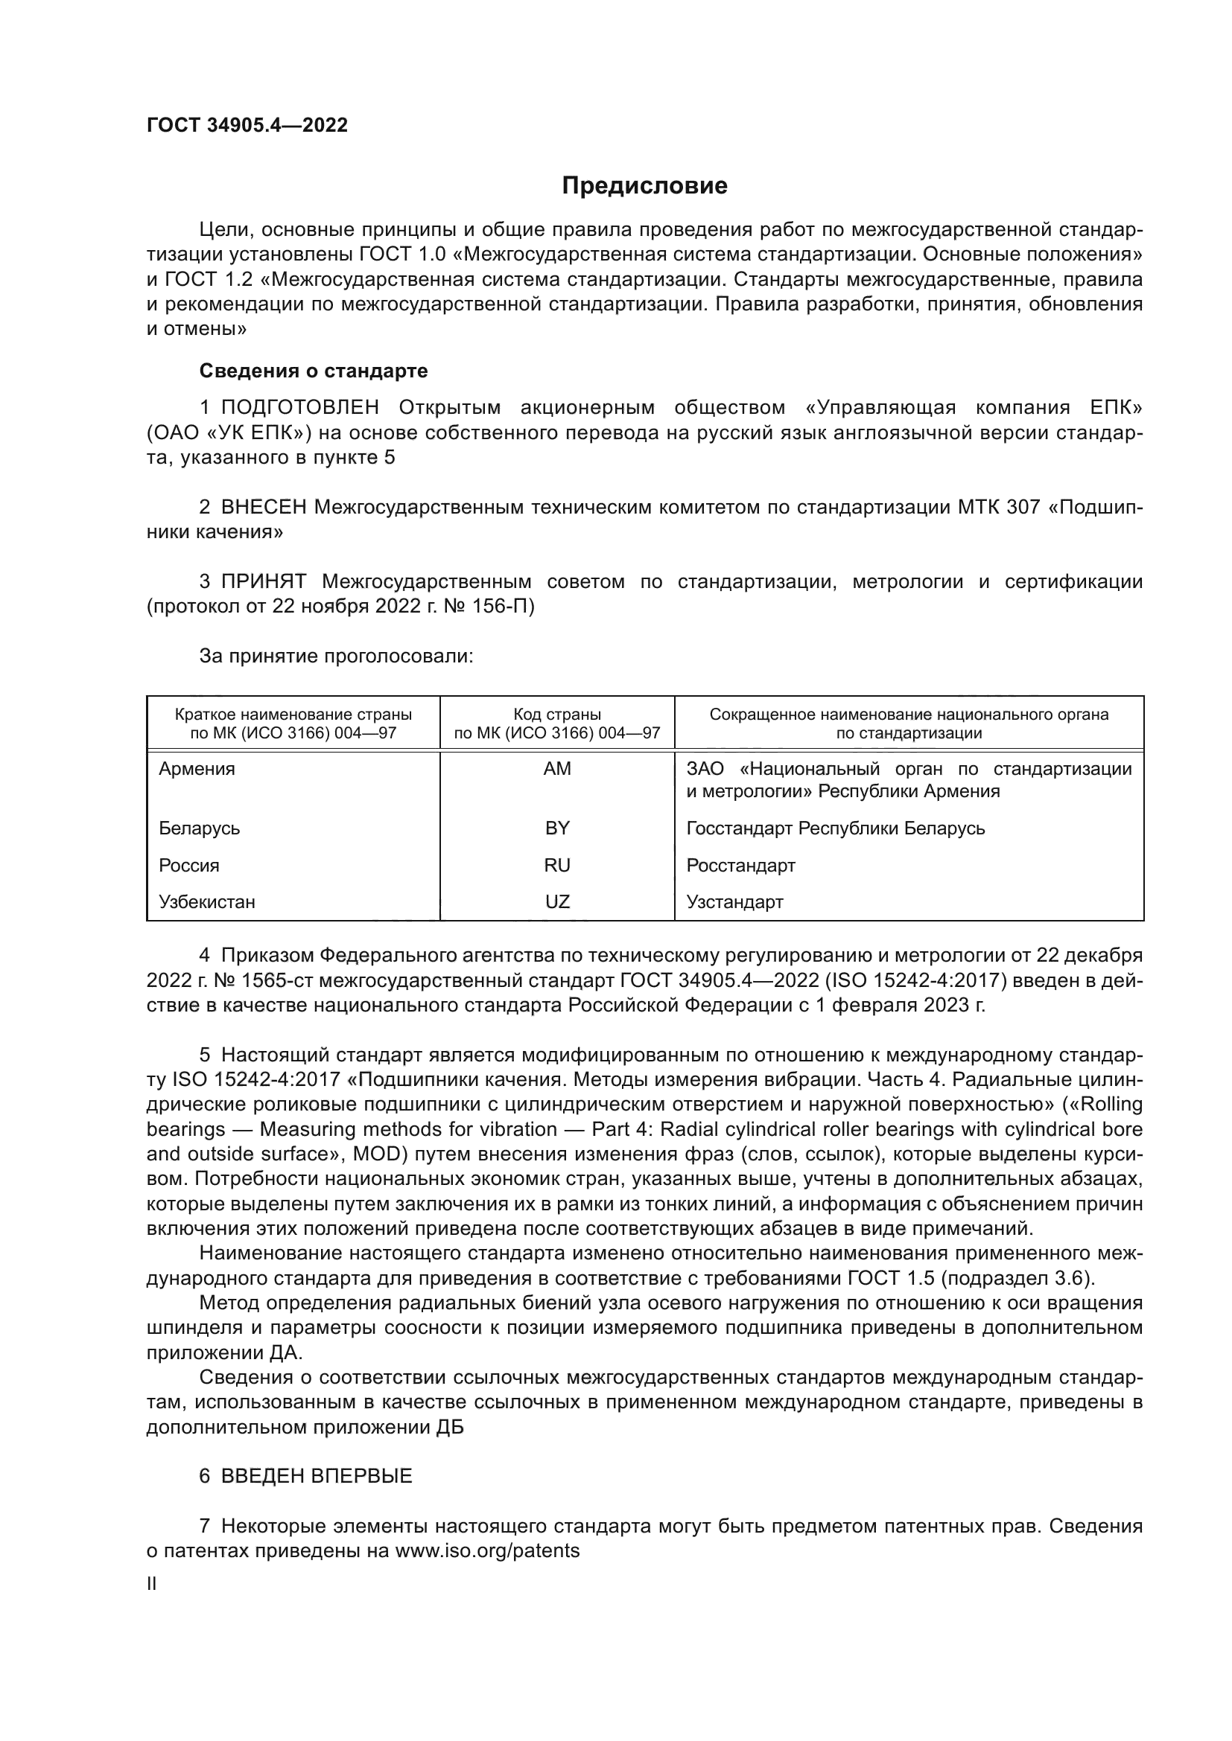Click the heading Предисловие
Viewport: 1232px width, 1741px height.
[644, 186]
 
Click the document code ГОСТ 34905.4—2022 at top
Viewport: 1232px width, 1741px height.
[247, 126]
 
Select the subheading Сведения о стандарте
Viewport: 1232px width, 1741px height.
[314, 371]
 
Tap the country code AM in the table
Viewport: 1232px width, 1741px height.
[557, 769]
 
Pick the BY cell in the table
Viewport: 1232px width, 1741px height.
[557, 828]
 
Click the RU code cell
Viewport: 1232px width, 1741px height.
[557, 865]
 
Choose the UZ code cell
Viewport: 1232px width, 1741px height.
[557, 901]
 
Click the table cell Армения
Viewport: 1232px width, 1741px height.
[197, 769]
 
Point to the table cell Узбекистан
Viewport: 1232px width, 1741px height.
[207, 901]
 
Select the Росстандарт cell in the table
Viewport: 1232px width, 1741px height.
[740, 865]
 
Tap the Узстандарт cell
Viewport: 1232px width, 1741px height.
[734, 901]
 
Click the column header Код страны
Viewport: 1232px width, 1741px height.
[557, 715]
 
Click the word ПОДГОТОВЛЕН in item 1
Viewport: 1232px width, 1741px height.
[299, 408]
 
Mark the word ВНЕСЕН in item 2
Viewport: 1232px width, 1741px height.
[263, 508]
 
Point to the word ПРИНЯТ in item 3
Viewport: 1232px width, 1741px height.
[263, 581]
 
